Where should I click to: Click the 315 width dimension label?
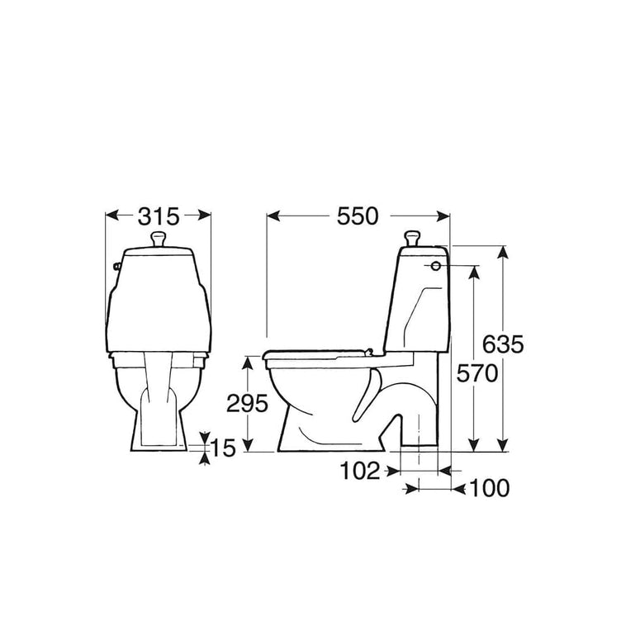click(159, 216)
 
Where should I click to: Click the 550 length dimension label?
click(358, 216)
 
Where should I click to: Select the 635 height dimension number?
click(503, 344)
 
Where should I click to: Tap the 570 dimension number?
click(476, 373)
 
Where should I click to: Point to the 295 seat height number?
click(247, 404)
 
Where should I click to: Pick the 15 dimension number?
click(223, 448)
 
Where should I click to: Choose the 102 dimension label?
click(360, 471)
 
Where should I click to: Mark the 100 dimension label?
click(490, 488)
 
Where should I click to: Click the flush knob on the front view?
click(159, 239)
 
